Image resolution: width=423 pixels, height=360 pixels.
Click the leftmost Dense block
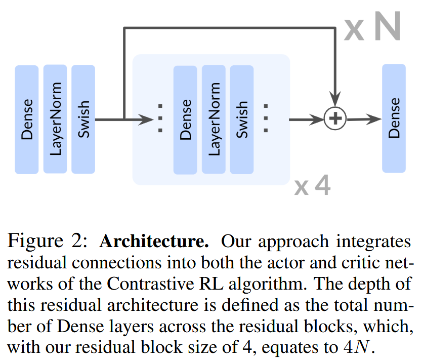tap(27, 119)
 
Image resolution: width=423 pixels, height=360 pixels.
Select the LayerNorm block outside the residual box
tap(55, 119)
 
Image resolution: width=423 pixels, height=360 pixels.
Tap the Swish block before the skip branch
tap(83, 119)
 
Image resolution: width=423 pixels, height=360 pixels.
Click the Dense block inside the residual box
tap(185, 120)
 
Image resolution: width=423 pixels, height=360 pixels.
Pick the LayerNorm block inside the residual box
tap(214, 120)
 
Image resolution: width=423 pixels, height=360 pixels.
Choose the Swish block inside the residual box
tap(242, 120)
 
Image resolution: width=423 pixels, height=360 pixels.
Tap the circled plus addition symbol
tap(334, 119)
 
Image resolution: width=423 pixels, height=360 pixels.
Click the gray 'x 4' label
tap(312, 186)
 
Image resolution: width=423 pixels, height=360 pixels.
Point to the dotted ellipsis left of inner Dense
tap(160, 119)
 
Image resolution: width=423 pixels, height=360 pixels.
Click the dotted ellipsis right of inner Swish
tap(266, 119)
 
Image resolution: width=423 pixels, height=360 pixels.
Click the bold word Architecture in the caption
tap(154, 242)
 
